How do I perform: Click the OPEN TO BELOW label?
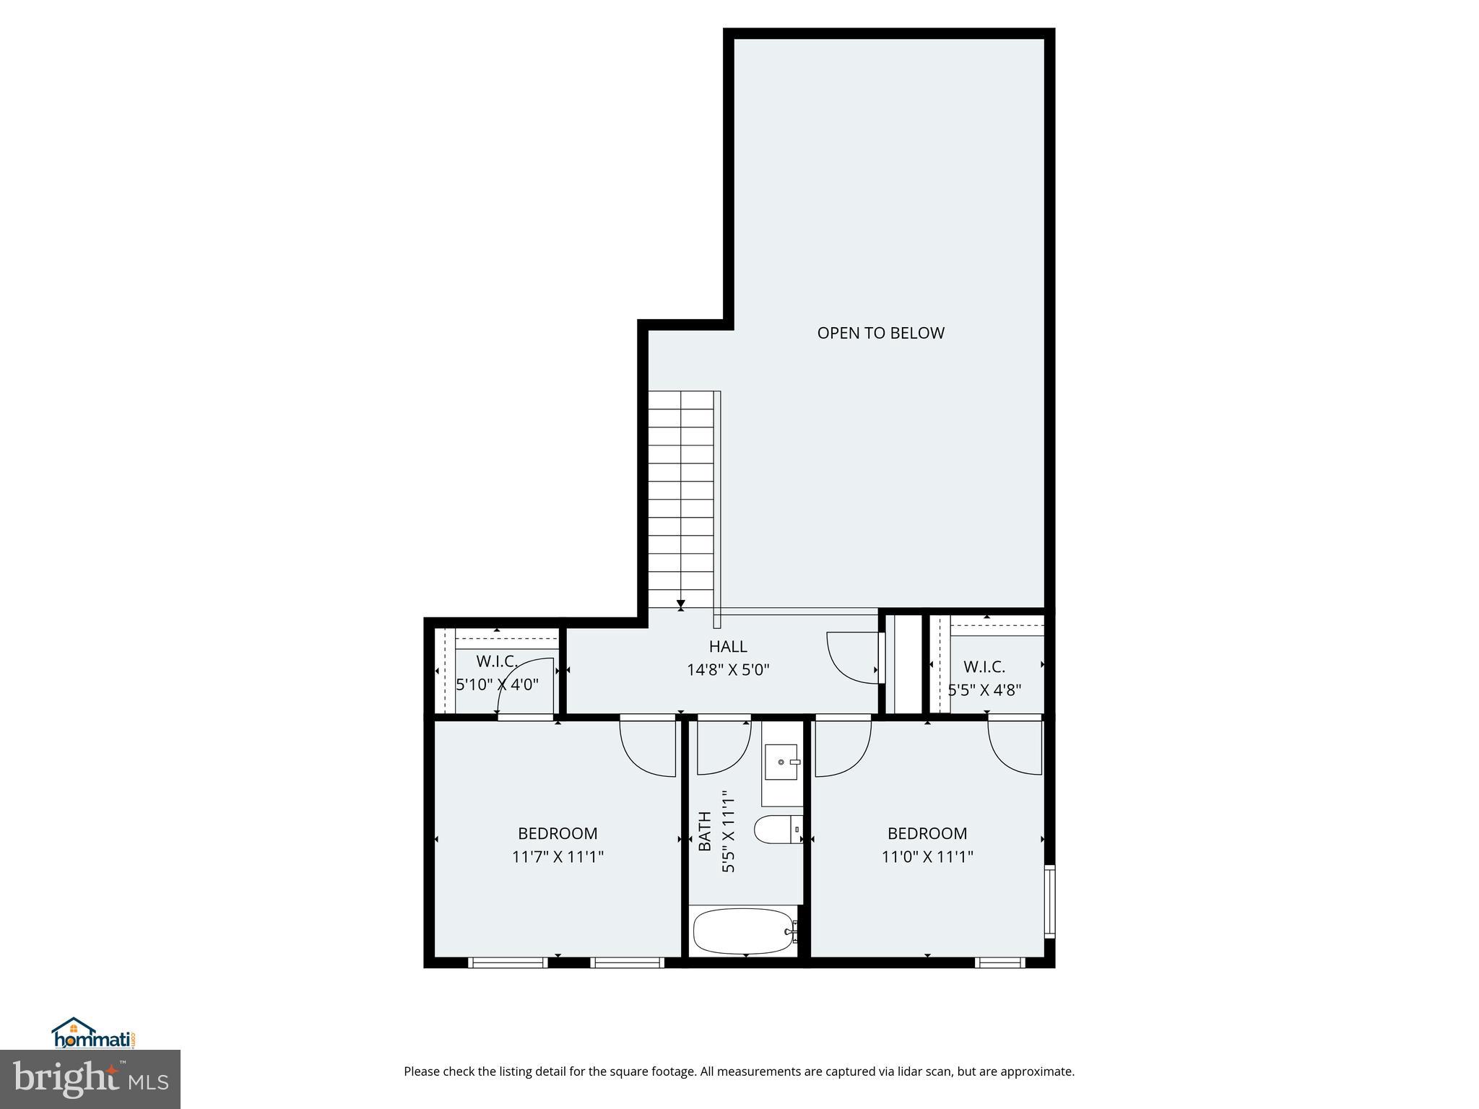coord(880,333)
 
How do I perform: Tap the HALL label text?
coord(727,646)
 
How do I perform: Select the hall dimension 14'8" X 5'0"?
coord(727,670)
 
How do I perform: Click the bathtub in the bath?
coord(743,931)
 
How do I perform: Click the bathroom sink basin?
coord(781,762)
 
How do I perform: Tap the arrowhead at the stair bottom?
coord(680,604)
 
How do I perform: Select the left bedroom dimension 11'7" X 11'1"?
coord(558,857)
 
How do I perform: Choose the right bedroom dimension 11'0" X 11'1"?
coord(927,857)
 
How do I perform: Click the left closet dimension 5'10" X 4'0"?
coord(497,684)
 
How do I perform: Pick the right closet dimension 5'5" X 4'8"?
coord(984,690)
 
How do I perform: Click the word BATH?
coord(706,830)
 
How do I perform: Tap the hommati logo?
coord(92,1033)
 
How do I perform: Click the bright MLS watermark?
coord(90,1079)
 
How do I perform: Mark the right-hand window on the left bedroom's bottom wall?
coord(626,962)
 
